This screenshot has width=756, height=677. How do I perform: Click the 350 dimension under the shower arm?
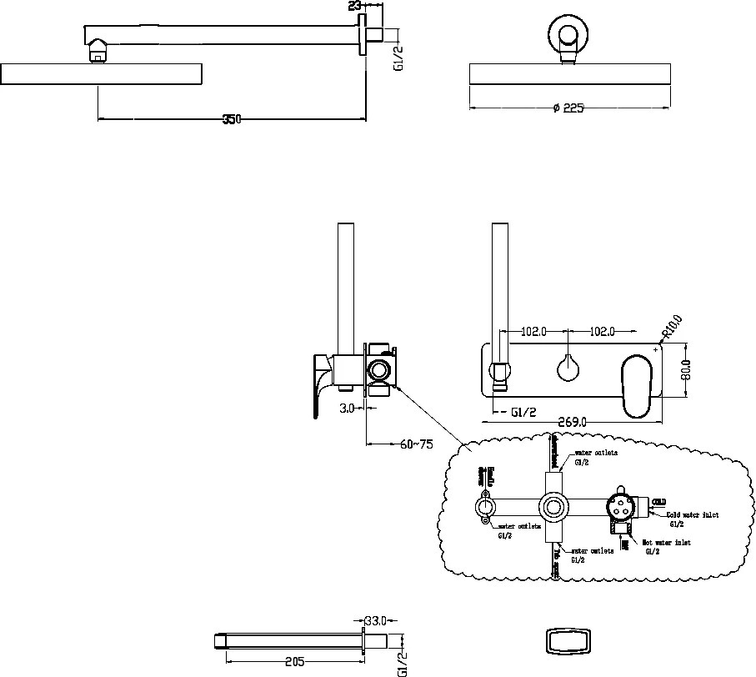click(x=232, y=119)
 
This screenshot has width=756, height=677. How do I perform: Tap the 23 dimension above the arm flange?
click(x=356, y=6)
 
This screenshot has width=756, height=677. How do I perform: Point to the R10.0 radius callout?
click(x=672, y=328)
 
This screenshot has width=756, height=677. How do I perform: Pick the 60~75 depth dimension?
click(x=417, y=444)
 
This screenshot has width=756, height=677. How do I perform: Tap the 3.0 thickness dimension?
click(x=348, y=408)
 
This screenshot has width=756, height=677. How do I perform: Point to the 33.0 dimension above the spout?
click(x=376, y=620)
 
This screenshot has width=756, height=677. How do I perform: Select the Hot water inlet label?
click(x=666, y=543)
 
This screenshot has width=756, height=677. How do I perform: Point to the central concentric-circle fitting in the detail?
click(x=553, y=506)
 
